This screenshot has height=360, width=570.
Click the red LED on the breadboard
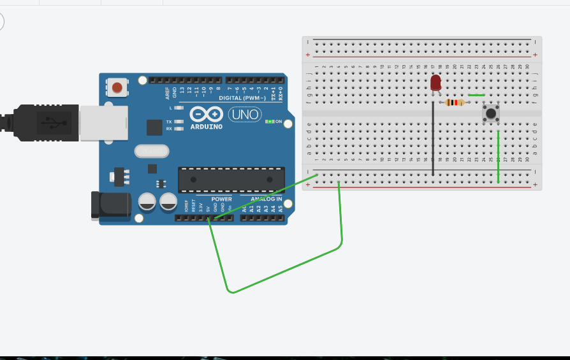coord(435,83)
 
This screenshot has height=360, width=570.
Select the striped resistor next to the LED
coord(454,103)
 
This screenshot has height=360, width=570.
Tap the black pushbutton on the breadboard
coord(490,114)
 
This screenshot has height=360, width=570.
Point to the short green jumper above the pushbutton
coord(476,96)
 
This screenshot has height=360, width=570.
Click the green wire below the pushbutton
coord(498,156)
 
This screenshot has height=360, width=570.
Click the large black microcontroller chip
coord(231,180)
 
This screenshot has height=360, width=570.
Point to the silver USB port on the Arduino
coord(103,122)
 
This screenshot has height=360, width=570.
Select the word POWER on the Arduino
coord(221,199)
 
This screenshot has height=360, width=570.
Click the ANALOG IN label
coord(261,199)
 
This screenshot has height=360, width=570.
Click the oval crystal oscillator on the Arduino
coord(152,151)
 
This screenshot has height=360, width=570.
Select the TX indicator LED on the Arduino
coord(179,121)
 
